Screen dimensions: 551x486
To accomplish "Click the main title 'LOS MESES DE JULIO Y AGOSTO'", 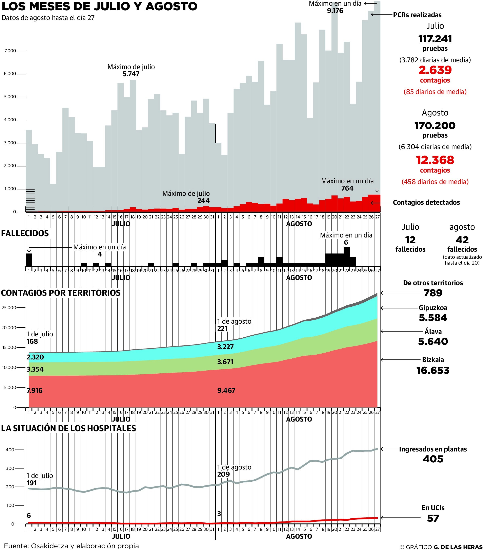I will coord(99,6).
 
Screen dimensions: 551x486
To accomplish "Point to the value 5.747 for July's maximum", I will coord(131,74).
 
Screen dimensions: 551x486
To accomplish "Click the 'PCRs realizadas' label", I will coord(417,15).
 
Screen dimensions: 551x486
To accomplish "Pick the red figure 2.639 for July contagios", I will coord(435,70).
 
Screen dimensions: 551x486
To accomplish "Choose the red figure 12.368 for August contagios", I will coord(435,160).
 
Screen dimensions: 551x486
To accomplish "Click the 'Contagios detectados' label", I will coord(426,202).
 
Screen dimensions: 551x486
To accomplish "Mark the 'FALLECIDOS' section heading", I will coord(25,233).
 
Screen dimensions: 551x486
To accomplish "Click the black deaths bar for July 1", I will coord(29,260).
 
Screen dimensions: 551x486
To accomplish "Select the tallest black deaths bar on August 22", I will coord(347,256).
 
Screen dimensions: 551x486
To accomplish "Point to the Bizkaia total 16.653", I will coord(433,370).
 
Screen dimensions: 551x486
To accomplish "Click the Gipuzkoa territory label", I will coord(433,308).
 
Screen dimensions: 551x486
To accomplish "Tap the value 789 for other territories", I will coord(433,293).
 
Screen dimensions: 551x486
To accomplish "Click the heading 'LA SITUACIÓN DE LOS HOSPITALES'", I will coord(69,428).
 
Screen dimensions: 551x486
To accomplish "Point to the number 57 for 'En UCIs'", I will coord(433,518).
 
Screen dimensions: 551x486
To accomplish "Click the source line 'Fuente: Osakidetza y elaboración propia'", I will coord(71,546).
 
